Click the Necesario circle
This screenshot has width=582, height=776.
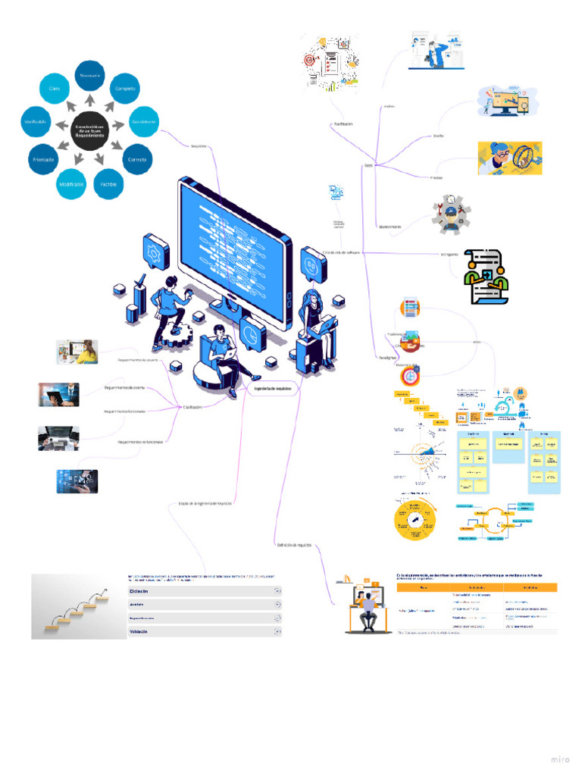click(x=90, y=75)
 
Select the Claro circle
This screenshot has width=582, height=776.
click(x=54, y=89)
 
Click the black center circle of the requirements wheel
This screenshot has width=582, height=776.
click(x=89, y=130)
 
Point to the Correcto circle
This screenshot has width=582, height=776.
click(x=138, y=159)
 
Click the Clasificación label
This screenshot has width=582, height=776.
click(x=192, y=407)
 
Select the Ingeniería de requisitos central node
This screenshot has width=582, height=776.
click(x=271, y=389)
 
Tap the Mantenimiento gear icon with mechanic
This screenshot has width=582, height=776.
click(x=452, y=214)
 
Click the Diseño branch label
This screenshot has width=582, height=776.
click(x=438, y=136)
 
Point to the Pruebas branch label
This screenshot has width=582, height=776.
click(x=436, y=177)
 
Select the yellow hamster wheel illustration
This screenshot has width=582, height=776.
click(x=509, y=158)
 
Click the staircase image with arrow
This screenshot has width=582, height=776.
click(x=79, y=606)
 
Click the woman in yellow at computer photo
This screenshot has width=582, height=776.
click(x=77, y=352)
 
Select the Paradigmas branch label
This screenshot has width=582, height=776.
click(x=386, y=356)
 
